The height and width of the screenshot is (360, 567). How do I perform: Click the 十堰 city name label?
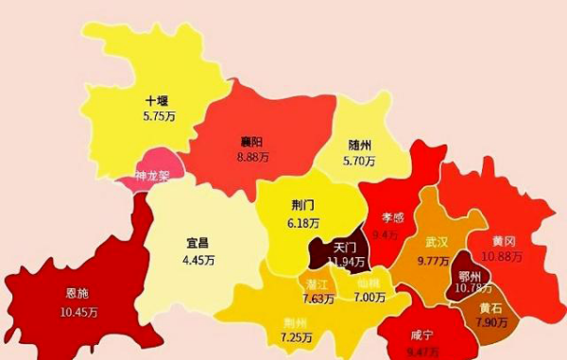click(157, 99)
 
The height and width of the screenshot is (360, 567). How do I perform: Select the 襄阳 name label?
click(251, 143)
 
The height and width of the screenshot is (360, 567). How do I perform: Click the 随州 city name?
click(359, 145)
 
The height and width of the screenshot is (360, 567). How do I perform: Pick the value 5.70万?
click(359, 161)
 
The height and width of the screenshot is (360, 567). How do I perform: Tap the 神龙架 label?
click(152, 176)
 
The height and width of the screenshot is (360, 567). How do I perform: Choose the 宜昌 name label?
click(198, 243)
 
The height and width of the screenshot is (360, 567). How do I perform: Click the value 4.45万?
click(198, 259)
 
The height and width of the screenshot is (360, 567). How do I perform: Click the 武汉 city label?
click(437, 242)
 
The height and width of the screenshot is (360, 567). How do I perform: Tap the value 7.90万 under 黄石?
click(490, 323)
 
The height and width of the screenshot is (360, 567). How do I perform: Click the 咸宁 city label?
click(422, 335)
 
